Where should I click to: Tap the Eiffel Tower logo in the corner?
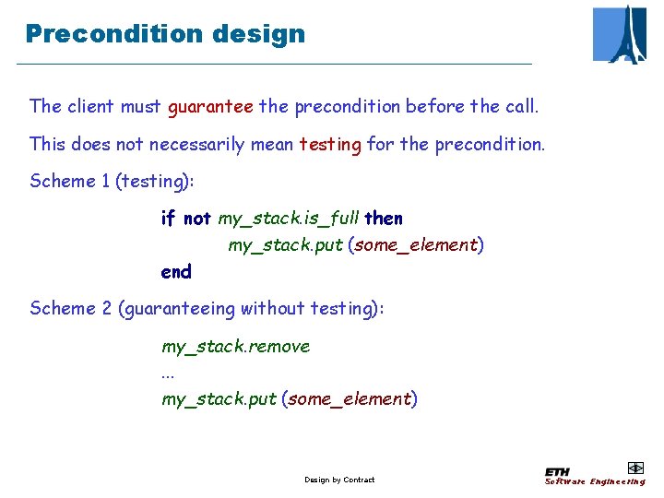coord(620,34)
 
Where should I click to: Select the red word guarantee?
coord(210,106)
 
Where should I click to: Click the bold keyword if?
coord(168,219)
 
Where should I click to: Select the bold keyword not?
coord(197,219)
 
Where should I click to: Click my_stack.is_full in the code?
coord(289,219)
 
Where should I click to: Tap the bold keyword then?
coord(384,219)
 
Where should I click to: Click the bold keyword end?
coord(176,272)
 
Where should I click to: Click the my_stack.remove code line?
coord(236,347)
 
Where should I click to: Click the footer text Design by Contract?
coord(339,480)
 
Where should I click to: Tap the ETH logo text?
coord(557,471)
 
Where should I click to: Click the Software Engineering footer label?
coord(595,481)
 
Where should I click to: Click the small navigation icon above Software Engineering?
coord(634,468)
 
